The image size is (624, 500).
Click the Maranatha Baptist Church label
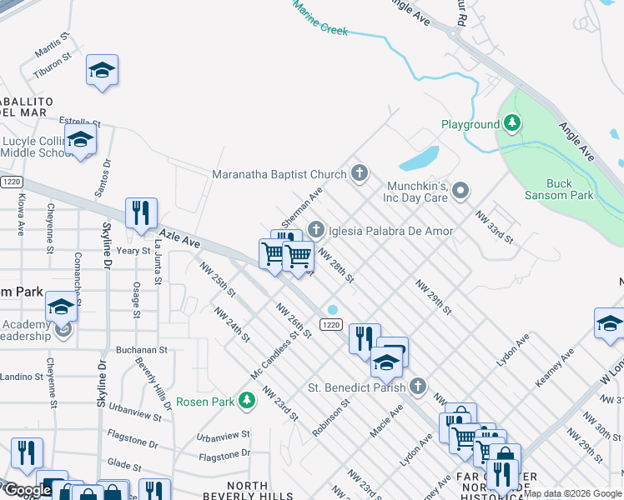pos(279,174)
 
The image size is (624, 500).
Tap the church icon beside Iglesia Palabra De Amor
pos(316,228)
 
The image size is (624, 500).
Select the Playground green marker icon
pos(511,125)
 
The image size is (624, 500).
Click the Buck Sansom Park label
pos(571,189)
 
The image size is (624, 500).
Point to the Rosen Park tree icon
pos(246,402)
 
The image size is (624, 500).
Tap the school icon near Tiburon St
pos(102,70)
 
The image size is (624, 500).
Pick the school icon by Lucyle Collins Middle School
pos(81,139)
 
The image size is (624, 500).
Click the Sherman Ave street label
pos(301,207)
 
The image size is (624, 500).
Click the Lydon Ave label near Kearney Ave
pos(512,351)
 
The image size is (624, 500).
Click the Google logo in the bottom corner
pos(27,490)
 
